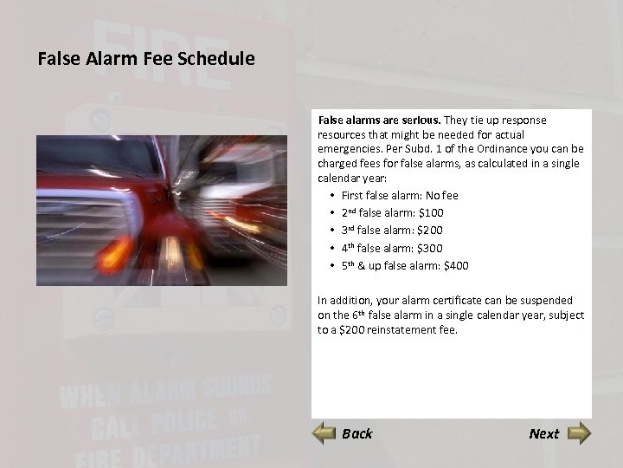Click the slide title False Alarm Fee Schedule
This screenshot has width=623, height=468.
146,60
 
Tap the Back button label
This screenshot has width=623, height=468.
356,433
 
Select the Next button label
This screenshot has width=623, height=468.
543,433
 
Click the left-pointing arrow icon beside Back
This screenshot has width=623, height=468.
324,432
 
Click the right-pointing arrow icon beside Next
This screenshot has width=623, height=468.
578,432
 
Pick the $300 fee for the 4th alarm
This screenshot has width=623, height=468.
429,248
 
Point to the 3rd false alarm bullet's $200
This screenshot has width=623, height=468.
429,231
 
